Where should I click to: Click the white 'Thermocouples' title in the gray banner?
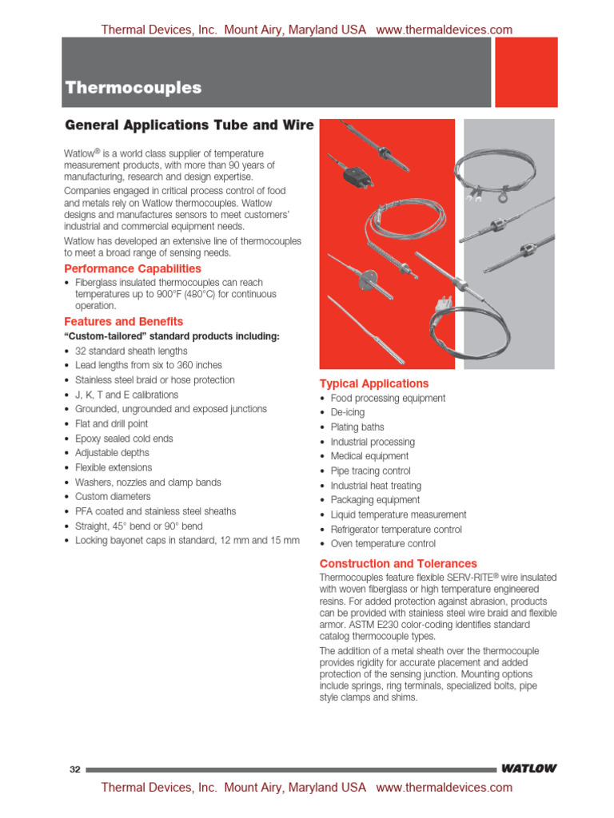[134, 88]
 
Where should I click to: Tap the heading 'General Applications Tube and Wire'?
[189, 125]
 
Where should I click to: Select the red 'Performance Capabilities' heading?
[133, 269]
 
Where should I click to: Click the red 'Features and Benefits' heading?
[123, 322]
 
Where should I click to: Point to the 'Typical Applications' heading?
[374, 383]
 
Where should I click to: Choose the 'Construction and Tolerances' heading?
[398, 563]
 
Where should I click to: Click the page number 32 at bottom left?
[75, 769]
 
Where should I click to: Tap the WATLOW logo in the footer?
[528, 769]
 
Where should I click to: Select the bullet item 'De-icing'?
[348, 413]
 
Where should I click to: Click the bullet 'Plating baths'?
[357, 427]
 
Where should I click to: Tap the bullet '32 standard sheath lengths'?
[131, 351]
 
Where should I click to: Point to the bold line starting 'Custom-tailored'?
[172, 336]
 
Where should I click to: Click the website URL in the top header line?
[444, 30]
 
